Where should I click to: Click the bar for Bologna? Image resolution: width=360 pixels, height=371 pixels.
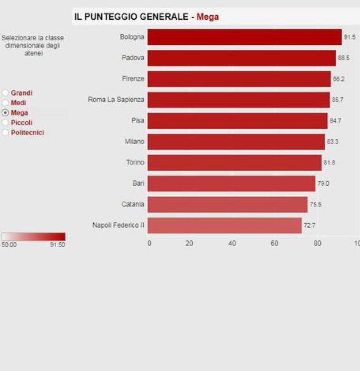click(244, 37)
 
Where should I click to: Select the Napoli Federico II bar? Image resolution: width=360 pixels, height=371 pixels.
click(224, 225)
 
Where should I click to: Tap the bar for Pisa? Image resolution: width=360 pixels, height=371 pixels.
click(237, 121)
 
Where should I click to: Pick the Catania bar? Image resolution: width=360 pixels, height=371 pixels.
click(227, 204)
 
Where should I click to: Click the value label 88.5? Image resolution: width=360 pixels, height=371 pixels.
click(344, 58)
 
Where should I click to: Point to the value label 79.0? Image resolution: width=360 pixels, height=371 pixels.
click(323, 183)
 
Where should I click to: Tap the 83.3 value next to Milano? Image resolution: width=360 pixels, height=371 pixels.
click(333, 142)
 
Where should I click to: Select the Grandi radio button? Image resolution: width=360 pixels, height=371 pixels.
click(5, 93)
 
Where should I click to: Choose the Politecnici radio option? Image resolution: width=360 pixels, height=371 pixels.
click(5, 133)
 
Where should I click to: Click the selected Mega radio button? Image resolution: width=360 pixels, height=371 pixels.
click(5, 113)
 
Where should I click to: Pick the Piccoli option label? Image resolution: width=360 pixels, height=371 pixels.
click(21, 123)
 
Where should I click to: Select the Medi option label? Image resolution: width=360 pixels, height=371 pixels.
click(18, 103)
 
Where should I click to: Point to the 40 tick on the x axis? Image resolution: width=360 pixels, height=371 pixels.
click(232, 243)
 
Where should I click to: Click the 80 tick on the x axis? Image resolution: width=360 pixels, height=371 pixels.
click(317, 243)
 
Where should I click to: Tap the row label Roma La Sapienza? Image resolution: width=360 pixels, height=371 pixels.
click(116, 100)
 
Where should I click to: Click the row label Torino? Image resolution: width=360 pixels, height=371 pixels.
click(135, 163)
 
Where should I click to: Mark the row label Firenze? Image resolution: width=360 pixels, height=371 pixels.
click(133, 79)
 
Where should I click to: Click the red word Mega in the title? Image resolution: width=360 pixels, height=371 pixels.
click(208, 17)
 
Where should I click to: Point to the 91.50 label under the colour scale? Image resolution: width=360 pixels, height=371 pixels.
click(58, 245)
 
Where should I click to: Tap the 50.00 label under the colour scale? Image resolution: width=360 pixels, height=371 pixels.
click(9, 245)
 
